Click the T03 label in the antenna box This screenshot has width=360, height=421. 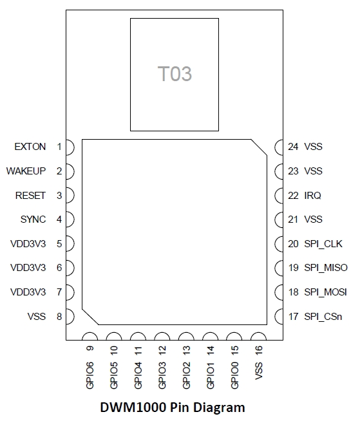(175, 74)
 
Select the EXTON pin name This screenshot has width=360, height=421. (30, 147)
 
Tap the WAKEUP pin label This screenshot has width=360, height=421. (26, 171)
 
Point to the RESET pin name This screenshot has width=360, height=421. (30, 195)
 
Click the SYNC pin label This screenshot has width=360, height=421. (33, 220)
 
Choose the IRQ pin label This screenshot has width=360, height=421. (313, 195)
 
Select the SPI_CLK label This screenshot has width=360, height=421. (323, 244)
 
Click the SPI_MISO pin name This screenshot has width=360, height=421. (326, 268)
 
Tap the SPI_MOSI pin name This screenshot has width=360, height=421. (326, 292)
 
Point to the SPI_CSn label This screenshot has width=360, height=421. (323, 316)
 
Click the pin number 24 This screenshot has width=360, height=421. (293, 147)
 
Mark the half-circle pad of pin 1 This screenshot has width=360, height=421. (70, 147)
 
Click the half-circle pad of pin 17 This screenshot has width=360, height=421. (279, 316)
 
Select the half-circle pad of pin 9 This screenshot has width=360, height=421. (90, 337)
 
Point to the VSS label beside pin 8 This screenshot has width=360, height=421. (36, 316)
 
